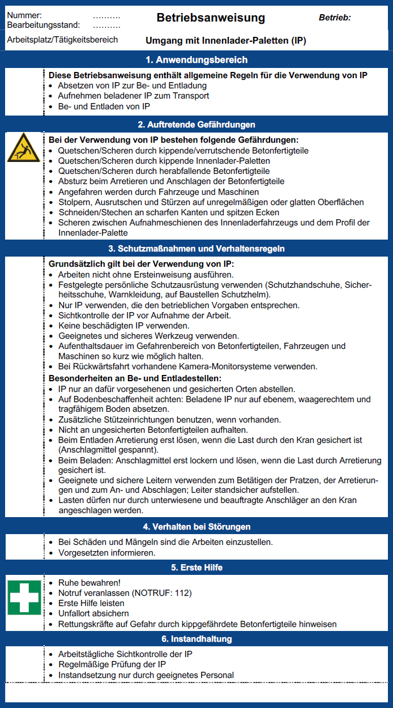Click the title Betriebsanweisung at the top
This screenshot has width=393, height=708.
[x=211, y=18]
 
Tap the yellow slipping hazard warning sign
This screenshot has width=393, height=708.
[x=23, y=149]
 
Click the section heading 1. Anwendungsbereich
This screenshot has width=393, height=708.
[x=197, y=59]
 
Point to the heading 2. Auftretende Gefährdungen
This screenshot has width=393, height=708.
[x=197, y=124]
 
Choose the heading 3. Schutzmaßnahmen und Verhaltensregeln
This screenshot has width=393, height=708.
[x=197, y=249]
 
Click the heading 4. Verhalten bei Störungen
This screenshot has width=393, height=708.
[x=197, y=527]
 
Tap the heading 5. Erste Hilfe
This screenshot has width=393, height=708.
[x=197, y=568]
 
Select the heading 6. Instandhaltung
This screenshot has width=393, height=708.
[x=197, y=639]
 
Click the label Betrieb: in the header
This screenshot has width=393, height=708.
[x=335, y=18]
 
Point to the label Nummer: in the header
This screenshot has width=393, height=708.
[x=24, y=15]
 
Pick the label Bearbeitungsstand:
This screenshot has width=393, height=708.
[x=44, y=25]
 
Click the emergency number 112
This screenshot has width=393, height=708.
[x=183, y=593]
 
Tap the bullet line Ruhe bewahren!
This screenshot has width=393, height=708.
[x=89, y=583]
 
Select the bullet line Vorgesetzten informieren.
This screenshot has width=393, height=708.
[x=106, y=552]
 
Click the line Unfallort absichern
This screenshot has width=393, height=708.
[x=93, y=613]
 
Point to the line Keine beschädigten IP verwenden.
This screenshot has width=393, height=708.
[x=123, y=326]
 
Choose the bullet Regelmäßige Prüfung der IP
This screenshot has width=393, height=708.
[x=112, y=664]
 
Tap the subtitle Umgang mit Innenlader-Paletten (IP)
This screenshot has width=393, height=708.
[x=226, y=41]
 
